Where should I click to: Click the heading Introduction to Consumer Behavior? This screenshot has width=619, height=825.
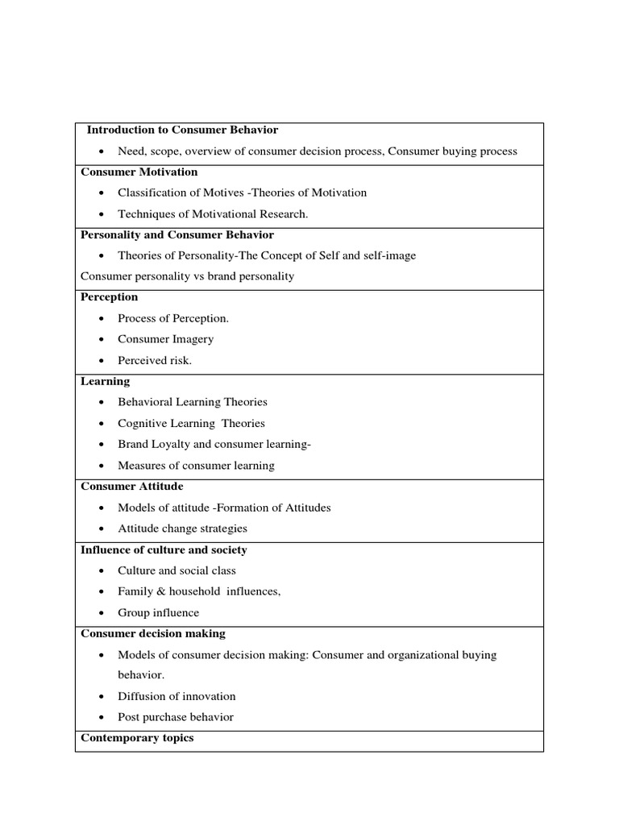(x=182, y=130)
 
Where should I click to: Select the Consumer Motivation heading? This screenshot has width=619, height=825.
(x=139, y=172)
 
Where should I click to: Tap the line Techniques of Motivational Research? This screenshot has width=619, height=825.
(x=213, y=214)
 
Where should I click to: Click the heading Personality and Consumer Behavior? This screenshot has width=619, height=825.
(x=177, y=235)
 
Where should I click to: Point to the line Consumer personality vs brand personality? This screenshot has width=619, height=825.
(x=188, y=276)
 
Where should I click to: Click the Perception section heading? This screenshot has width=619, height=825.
(x=110, y=297)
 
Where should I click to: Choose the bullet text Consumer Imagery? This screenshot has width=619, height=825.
(x=165, y=339)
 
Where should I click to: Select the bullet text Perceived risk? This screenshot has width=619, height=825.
(x=155, y=360)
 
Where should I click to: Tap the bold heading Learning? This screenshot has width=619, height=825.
(x=105, y=381)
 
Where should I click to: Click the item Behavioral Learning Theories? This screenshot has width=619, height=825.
(x=192, y=402)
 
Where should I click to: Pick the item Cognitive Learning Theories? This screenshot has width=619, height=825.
(x=191, y=423)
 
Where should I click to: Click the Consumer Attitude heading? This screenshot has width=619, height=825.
(x=132, y=487)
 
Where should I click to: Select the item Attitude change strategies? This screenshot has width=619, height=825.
(x=182, y=529)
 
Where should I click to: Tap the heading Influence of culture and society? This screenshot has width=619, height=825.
(x=164, y=550)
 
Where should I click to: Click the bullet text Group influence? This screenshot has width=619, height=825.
(x=158, y=612)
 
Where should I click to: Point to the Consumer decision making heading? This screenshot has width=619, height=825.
(x=153, y=634)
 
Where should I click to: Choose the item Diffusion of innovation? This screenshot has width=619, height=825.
(x=177, y=696)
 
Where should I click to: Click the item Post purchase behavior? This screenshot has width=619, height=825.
(x=175, y=717)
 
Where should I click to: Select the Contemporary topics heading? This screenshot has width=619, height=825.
(x=137, y=738)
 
